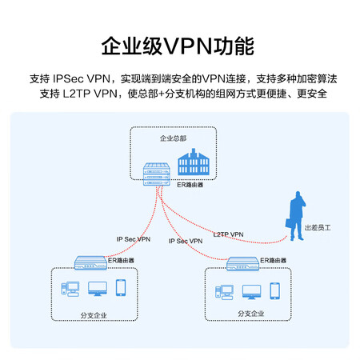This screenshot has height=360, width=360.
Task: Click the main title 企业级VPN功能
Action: click(178, 46)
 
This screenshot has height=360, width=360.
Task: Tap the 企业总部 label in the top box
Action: click(173, 138)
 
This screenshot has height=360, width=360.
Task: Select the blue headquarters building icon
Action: click(194, 162)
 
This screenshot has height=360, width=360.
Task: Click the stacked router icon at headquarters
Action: click(157, 174)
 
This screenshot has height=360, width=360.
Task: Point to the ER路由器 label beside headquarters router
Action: click(190, 185)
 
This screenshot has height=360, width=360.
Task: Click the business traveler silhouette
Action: click(295, 216)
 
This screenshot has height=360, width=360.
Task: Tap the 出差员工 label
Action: click(318, 228)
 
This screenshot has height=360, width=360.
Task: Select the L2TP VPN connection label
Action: click(228, 234)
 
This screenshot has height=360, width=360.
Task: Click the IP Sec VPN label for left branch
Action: click(134, 239)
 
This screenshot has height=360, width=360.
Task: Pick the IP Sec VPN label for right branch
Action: click(186, 241)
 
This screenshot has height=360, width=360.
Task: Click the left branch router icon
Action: click(90, 262)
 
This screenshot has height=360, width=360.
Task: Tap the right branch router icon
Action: click(242, 264)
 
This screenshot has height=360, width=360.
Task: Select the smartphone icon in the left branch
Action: click(121, 288)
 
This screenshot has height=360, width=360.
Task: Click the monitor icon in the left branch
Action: click(98, 289)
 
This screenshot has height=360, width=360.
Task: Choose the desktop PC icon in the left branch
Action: click(70, 289)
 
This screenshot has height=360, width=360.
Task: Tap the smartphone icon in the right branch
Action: click(275, 291)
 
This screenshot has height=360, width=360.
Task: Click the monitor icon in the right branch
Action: click(252, 292)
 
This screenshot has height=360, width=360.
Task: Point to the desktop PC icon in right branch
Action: click(224, 292)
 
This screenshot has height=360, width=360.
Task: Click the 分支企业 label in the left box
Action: click(94, 315)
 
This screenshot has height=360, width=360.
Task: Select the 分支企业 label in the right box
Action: click(251, 314)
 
